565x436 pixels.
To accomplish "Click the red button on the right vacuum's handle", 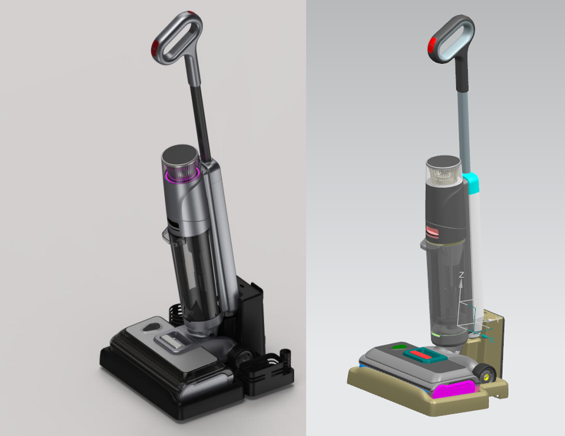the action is pyautogui.click(x=432, y=46).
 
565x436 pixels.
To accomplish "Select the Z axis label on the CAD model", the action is pyautogui.click(x=461, y=275).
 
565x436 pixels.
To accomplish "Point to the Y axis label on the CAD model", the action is pyautogui.click(x=498, y=320).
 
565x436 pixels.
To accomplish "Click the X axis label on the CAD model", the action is pyautogui.click(x=491, y=340).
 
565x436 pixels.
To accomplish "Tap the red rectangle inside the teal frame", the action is pyautogui.click(x=423, y=354).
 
